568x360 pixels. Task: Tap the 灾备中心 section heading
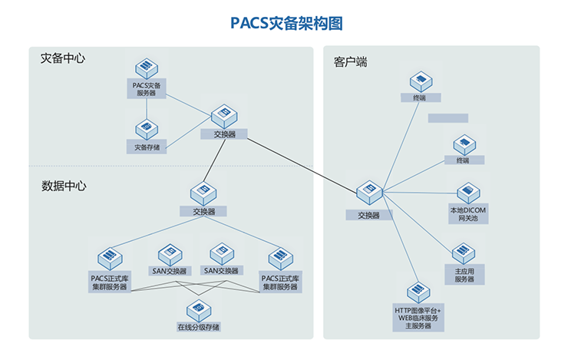click(x=62, y=58)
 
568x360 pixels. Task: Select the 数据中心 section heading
click(x=64, y=186)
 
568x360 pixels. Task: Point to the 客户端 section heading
click(x=350, y=61)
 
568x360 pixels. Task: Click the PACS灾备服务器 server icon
click(x=146, y=68)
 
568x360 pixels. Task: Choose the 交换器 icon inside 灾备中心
click(x=223, y=115)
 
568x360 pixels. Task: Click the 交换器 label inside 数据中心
click(x=203, y=211)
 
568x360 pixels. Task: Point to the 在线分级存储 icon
click(x=198, y=309)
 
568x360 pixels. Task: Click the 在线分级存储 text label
click(x=198, y=327)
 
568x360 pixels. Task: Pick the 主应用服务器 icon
click(x=464, y=253)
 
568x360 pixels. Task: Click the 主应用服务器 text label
click(x=464, y=275)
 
